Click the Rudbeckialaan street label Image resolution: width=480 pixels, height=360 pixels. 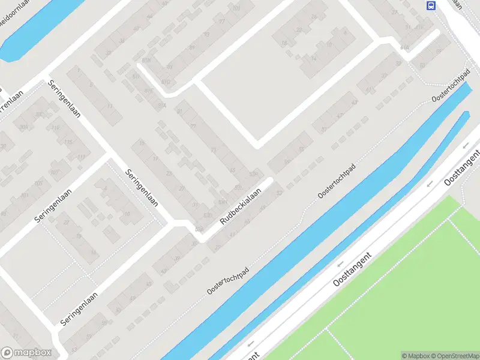coord(241,208)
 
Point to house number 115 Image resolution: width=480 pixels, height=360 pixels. coord(68,142)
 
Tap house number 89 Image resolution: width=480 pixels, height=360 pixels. coord(192,47)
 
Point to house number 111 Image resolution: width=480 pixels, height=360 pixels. coord(81,157)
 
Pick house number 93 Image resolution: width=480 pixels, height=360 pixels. coord(208,34)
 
